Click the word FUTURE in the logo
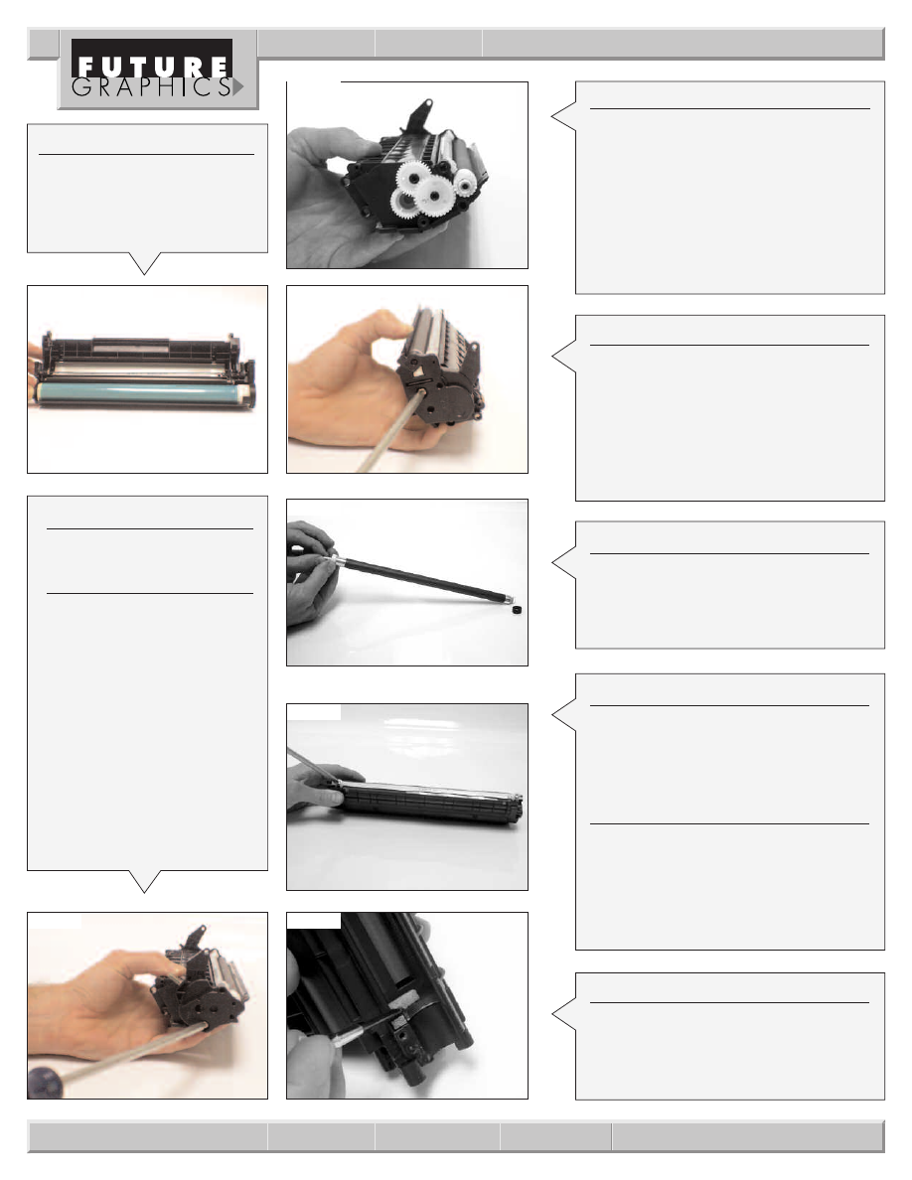154,67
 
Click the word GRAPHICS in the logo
151,87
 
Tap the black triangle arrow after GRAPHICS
237,87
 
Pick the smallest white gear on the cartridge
465,180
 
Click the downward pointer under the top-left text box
144,263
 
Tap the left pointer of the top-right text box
564,116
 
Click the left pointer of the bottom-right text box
564,1014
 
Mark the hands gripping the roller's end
310,572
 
